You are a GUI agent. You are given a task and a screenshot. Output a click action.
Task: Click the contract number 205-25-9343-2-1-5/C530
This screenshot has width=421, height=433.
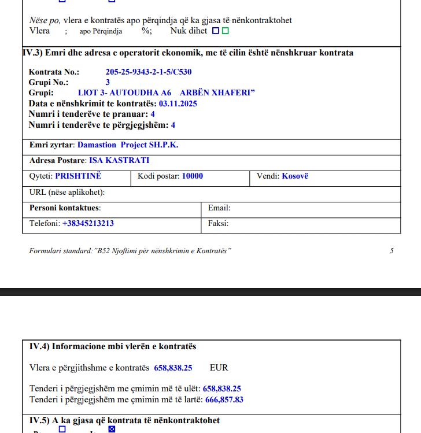148,72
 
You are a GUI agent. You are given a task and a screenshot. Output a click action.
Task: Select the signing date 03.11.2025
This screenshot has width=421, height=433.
178,103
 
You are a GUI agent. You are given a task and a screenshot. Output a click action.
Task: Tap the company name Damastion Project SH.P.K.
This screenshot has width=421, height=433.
128,145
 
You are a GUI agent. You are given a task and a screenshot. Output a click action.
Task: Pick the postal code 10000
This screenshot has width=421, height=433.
192,176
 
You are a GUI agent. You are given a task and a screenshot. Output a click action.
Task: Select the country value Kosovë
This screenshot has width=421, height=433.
295,176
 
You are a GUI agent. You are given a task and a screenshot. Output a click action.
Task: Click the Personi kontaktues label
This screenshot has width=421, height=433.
65,208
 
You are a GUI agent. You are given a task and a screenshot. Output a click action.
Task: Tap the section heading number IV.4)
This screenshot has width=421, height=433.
39,346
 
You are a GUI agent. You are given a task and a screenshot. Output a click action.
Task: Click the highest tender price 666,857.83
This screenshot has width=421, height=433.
223,399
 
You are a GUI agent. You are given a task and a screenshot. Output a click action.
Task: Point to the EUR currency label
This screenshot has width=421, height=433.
219,367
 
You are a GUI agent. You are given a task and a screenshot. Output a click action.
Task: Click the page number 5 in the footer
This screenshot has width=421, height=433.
392,250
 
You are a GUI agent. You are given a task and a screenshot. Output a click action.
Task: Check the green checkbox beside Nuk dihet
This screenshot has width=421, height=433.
226,31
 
